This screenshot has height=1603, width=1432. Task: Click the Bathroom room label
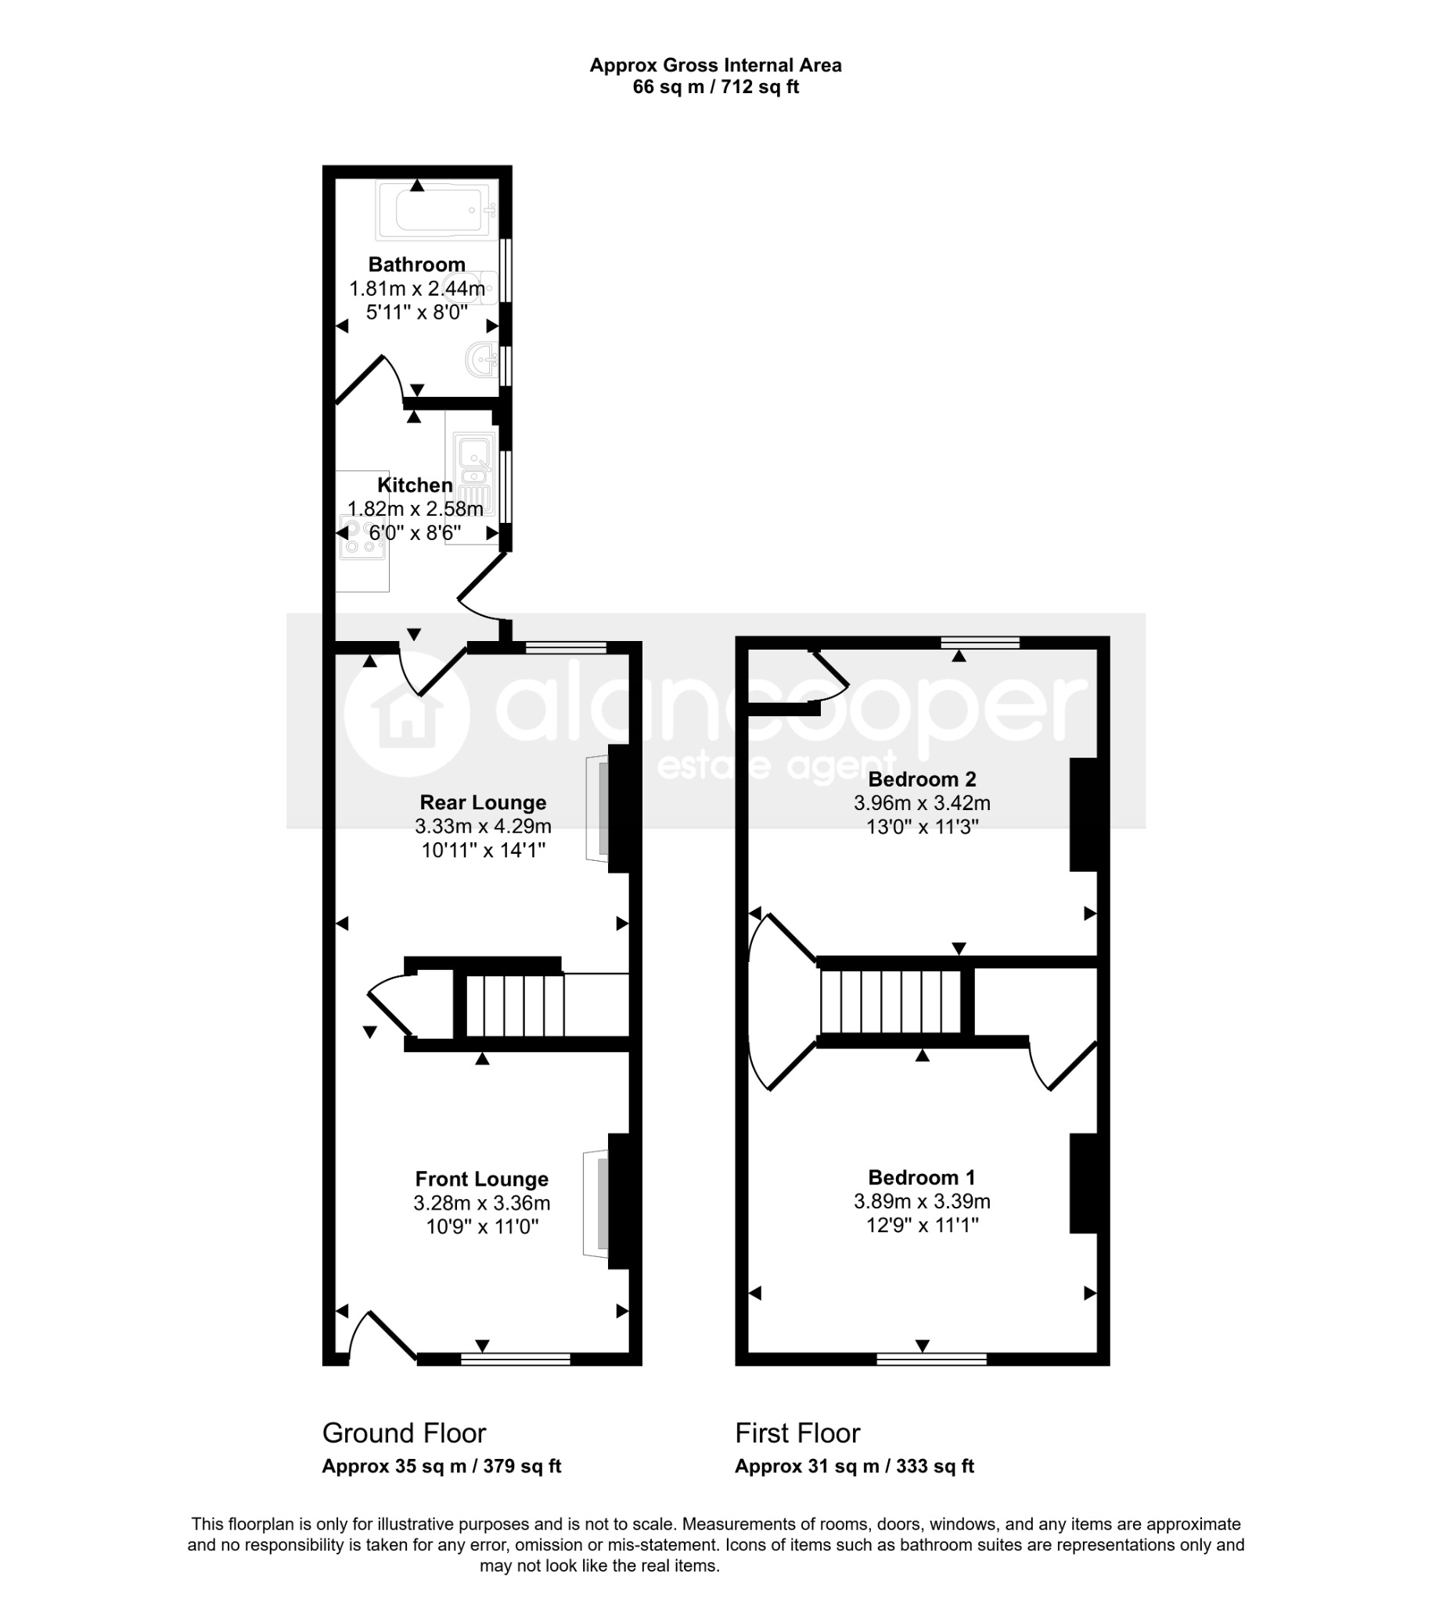click(x=417, y=265)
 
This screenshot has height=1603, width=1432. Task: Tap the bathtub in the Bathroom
click(x=437, y=210)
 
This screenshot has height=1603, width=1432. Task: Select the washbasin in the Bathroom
click(x=482, y=361)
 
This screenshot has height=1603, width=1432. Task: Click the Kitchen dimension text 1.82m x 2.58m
click(x=416, y=509)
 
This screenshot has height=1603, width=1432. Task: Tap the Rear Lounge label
click(x=483, y=803)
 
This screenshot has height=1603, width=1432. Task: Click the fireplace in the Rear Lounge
click(x=598, y=809)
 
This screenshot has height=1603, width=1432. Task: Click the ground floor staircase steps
click(x=516, y=1006)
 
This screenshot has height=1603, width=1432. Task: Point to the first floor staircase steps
click(x=891, y=1001)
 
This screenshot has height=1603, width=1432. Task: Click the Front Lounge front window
click(x=516, y=1359)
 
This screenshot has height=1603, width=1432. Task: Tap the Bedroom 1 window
click(x=932, y=1359)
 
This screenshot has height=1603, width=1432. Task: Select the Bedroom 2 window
click(x=980, y=643)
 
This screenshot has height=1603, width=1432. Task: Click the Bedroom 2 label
click(x=922, y=780)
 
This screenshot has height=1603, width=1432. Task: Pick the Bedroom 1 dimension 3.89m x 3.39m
click(x=922, y=1201)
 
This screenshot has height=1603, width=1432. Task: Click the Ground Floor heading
click(x=405, y=1434)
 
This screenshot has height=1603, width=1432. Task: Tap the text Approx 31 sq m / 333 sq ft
click(x=855, y=1466)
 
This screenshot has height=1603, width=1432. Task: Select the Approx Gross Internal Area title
click(x=716, y=66)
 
